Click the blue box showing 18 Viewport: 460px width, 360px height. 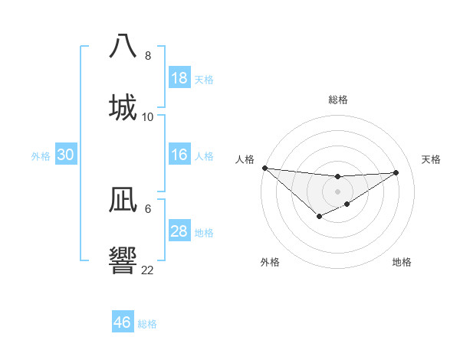[179, 78]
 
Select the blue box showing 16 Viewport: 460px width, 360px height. [179, 155]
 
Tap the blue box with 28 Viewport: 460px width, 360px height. [179, 231]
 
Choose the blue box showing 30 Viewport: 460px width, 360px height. [66, 155]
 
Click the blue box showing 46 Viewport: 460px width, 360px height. [123, 322]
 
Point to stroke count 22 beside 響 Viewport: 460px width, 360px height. [147, 270]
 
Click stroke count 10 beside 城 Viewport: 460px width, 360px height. [148, 117]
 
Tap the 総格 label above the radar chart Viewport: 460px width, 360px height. [338, 100]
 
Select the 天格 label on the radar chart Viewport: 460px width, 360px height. [431, 159]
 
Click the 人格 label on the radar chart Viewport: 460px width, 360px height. [245, 159]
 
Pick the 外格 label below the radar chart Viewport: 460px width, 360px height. [270, 262]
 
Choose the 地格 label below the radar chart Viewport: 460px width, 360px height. [402, 262]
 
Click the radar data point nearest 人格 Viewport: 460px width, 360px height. [264, 168]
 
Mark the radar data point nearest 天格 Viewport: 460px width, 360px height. [396, 172]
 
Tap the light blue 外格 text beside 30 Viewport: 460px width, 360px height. [41, 155]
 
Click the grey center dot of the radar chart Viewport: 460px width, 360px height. [337, 191]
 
